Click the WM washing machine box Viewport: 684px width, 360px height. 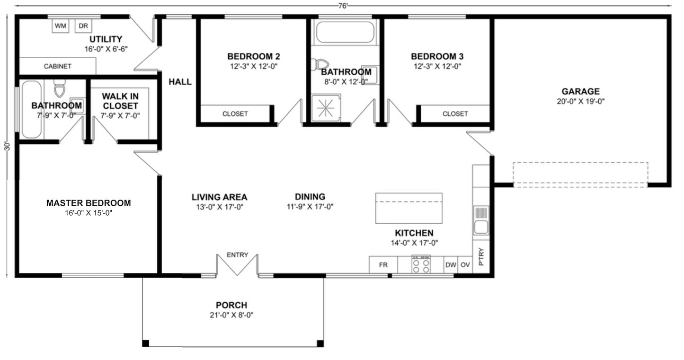[x=60, y=26]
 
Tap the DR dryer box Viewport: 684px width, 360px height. [x=83, y=26]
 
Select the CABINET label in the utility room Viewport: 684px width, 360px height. [x=57, y=67]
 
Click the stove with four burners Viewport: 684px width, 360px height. [x=421, y=264]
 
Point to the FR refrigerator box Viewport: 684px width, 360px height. [x=383, y=265]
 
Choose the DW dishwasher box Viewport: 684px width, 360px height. [x=450, y=265]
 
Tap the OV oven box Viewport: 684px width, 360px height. [x=465, y=265]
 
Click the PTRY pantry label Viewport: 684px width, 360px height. [x=481, y=256]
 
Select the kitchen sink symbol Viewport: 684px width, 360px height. [x=481, y=221]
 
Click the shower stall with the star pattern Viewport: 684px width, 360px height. [x=326, y=108]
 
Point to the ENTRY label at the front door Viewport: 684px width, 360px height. [x=237, y=255]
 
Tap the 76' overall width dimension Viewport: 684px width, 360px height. [x=343, y=5]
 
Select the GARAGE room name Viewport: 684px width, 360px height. [x=580, y=91]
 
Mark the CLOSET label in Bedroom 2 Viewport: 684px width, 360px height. [x=235, y=114]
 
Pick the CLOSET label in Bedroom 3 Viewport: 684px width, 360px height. [x=455, y=114]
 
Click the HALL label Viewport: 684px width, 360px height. [x=180, y=82]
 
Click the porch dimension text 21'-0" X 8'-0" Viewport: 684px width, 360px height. [x=231, y=315]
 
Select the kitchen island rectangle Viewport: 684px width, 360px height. [x=409, y=208]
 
